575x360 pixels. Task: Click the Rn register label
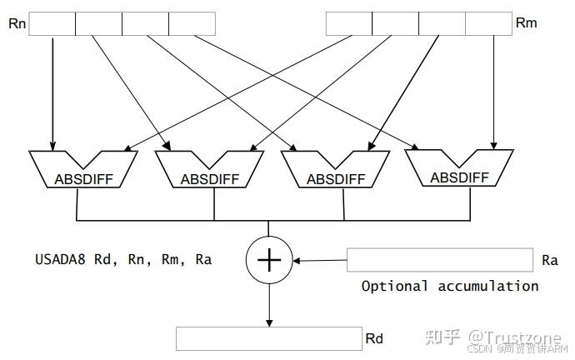click(17, 22)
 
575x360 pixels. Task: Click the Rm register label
click(527, 22)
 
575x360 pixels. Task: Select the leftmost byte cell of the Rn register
click(52, 23)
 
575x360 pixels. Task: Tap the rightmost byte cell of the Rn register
click(192, 23)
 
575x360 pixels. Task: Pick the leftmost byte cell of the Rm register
click(348, 23)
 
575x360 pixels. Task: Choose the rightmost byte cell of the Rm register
click(488, 23)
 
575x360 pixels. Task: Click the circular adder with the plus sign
click(268, 260)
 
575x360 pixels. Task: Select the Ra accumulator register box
click(439, 260)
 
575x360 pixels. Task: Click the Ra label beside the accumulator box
click(549, 260)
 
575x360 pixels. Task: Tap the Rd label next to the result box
click(374, 339)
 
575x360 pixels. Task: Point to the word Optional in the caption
click(394, 286)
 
